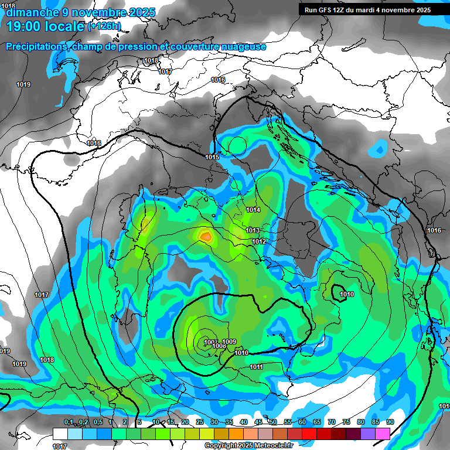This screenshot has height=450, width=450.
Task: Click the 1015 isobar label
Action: (212, 157)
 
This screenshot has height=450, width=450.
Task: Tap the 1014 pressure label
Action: (253, 210)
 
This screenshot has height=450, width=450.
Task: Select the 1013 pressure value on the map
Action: (253, 230)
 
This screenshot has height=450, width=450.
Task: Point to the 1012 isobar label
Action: (260, 241)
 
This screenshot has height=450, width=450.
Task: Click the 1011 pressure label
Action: (256, 367)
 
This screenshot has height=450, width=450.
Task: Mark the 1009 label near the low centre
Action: (230, 342)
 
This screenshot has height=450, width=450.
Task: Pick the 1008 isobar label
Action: (219, 346)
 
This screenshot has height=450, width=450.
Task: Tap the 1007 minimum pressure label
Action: (210, 342)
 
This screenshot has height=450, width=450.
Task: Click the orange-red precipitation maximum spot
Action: (206, 236)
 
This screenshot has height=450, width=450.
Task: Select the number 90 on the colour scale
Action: (390, 422)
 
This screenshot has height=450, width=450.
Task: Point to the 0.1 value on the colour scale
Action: (69, 422)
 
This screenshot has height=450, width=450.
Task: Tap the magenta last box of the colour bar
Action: (383, 434)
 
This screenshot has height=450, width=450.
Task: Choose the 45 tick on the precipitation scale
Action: (258, 422)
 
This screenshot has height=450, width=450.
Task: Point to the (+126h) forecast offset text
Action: (105, 26)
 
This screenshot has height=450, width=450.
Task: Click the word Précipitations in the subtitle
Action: (34, 46)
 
